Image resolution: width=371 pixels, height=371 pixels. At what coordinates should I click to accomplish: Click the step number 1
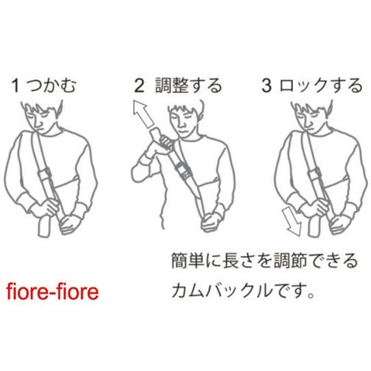click(x=15, y=86)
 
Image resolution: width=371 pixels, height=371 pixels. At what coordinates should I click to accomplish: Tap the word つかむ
click(x=52, y=86)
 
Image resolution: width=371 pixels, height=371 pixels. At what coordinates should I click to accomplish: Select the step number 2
click(x=139, y=86)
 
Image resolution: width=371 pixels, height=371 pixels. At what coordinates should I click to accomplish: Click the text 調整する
click(x=188, y=86)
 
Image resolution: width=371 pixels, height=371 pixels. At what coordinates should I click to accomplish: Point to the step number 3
click(x=267, y=86)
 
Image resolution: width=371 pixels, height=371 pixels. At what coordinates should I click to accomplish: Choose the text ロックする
click(x=321, y=86)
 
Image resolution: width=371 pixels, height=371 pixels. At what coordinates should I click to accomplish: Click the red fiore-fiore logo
click(x=52, y=292)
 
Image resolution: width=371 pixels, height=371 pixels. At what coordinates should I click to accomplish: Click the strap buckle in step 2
click(x=183, y=170)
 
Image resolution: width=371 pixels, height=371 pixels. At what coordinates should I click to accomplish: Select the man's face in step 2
click(x=183, y=120)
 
